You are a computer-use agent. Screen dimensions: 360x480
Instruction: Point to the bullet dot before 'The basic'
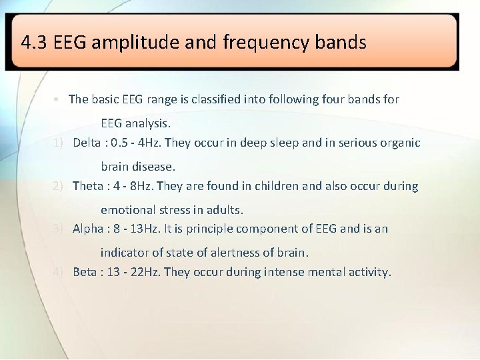[59, 100]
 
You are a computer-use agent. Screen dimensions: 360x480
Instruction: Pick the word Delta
[87, 143]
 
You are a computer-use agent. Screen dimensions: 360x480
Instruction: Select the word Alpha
[88, 229]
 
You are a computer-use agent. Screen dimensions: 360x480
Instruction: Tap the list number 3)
[59, 229]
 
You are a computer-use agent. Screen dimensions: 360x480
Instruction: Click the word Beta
[85, 272]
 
